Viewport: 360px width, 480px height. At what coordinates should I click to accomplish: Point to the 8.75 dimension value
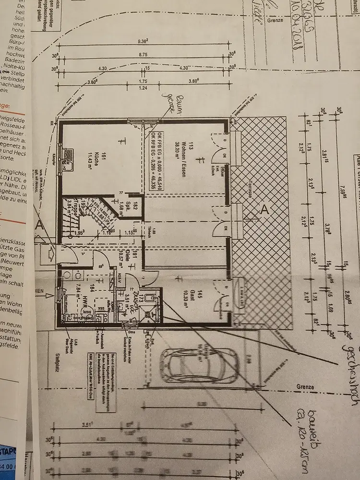(x=144, y=55)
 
